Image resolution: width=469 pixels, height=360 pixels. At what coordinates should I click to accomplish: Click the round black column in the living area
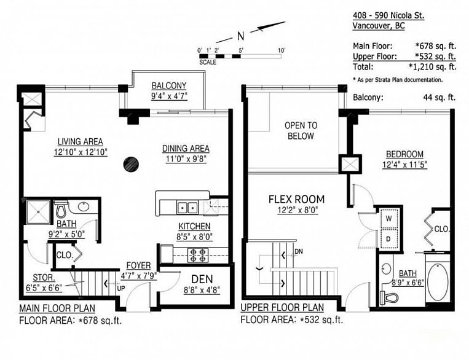click(x=131, y=164)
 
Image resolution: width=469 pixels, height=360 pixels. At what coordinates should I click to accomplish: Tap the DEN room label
click(x=202, y=280)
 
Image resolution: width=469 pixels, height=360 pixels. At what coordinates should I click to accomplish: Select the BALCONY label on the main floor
click(x=168, y=86)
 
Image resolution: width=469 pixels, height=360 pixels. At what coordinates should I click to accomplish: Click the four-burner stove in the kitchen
click(x=198, y=255)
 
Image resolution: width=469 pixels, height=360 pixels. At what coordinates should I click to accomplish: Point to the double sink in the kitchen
click(x=187, y=207)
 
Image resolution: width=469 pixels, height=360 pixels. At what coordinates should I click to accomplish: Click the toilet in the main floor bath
click(x=61, y=209)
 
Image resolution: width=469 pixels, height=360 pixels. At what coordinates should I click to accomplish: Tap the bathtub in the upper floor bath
click(x=438, y=281)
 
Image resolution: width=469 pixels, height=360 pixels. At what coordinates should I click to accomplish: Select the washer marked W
click(x=389, y=219)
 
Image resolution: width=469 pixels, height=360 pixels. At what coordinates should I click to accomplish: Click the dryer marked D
click(x=389, y=238)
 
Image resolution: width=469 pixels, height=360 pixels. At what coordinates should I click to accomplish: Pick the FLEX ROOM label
click(x=296, y=199)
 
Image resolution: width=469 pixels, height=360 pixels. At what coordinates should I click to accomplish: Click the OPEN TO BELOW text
click(x=301, y=131)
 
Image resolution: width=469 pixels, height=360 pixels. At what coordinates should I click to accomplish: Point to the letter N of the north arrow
click(x=241, y=36)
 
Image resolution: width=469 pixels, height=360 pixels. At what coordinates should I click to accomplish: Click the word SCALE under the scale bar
click(x=208, y=62)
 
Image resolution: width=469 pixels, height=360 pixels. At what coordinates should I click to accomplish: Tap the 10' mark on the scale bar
click(x=282, y=50)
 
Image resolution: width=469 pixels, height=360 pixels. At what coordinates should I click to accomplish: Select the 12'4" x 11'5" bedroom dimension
click(x=404, y=165)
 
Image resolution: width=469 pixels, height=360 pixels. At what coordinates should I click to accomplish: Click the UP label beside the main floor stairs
click(x=121, y=289)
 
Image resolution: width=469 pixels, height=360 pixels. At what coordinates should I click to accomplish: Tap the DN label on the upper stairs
click(x=299, y=252)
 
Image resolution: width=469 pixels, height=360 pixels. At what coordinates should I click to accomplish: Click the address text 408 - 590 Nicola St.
click(x=388, y=15)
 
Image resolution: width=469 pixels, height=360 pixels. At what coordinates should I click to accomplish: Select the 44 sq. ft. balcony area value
click(x=439, y=97)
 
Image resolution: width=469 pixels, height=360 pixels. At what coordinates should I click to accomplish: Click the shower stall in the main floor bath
click(x=38, y=212)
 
